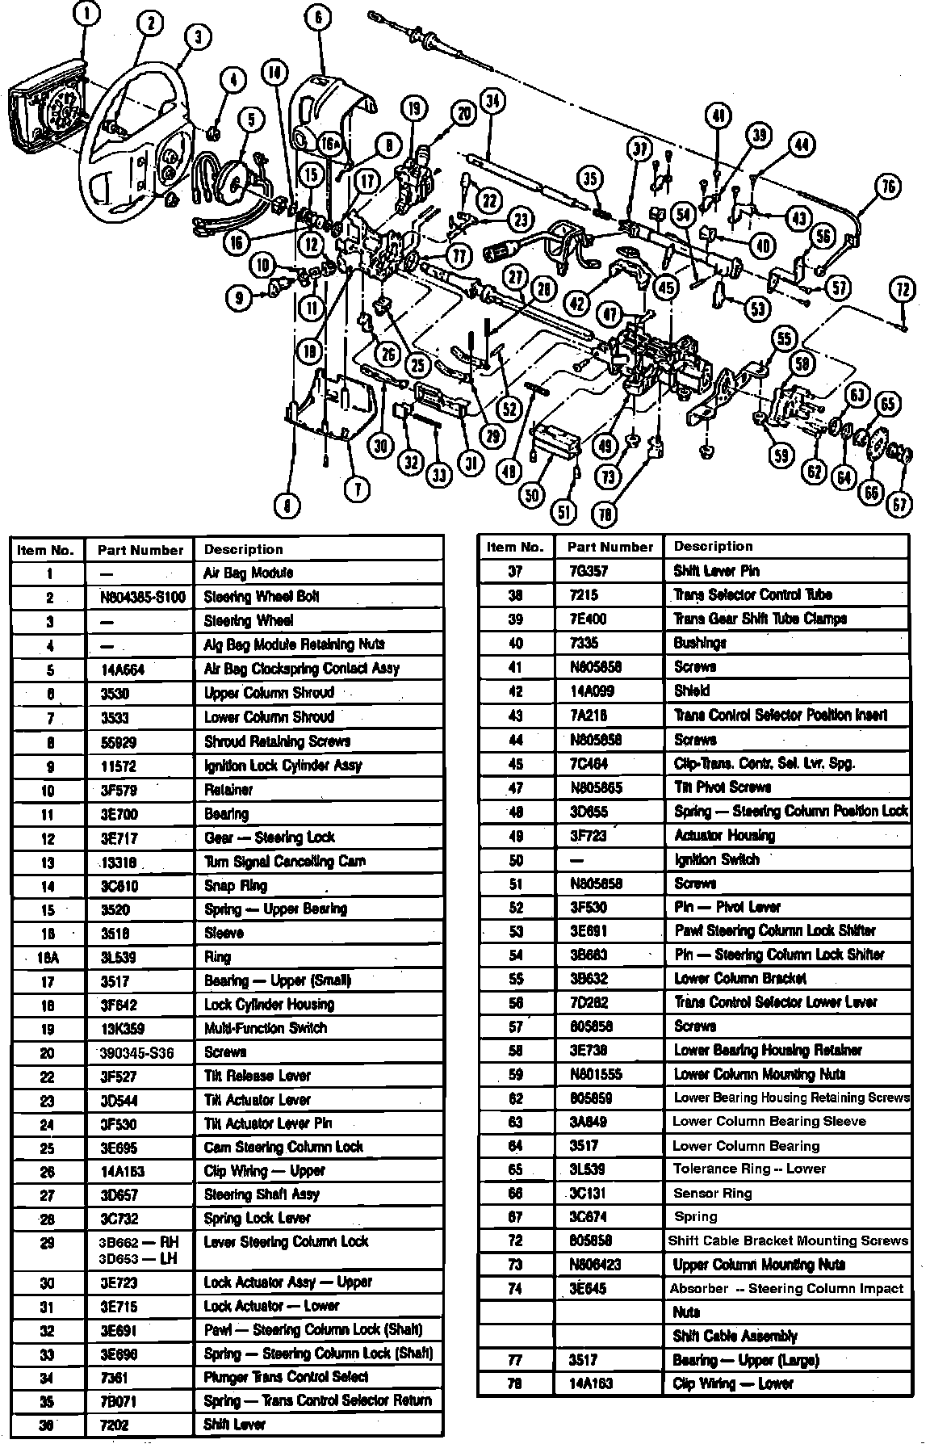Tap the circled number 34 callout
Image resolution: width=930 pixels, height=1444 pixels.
click(492, 102)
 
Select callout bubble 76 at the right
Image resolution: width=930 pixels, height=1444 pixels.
click(887, 187)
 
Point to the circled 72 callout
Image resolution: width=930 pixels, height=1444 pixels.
click(903, 288)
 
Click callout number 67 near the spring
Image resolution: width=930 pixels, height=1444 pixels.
click(899, 505)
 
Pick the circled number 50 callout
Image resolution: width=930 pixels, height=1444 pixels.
click(530, 494)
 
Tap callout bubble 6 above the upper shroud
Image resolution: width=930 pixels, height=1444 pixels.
click(318, 18)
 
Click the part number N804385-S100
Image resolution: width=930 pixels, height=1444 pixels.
click(140, 598)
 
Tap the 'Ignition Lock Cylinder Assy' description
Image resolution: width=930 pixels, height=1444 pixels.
click(283, 765)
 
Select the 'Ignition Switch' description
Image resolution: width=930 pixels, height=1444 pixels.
click(716, 859)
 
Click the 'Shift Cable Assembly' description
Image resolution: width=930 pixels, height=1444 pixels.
click(735, 1337)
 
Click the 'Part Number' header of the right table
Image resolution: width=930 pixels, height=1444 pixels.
click(610, 547)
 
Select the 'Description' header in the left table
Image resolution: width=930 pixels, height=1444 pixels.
click(243, 549)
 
